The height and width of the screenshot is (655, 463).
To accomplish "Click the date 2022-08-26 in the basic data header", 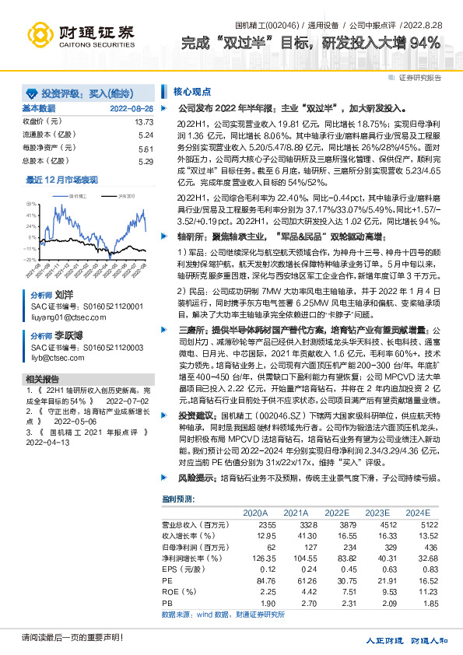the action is coord(132,109).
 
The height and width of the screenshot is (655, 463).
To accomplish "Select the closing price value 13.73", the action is coord(144,122).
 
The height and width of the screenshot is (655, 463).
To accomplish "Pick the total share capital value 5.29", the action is coord(146,162).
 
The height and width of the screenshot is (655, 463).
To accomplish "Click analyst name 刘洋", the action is coord(63,296).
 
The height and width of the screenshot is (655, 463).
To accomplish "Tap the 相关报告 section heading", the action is coord(41,378).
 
